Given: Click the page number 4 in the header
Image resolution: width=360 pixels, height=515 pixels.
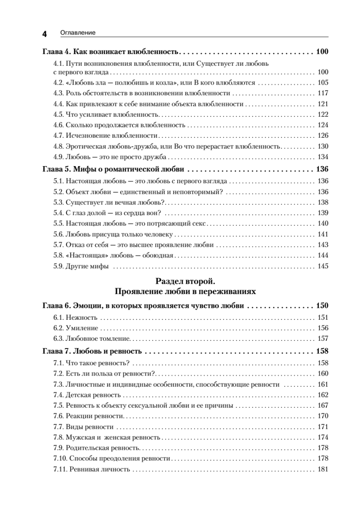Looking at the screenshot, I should point(44,33).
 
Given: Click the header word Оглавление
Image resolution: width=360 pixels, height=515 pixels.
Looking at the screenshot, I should point(78,33).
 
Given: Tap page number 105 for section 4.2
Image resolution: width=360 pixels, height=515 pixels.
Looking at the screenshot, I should point(323,83).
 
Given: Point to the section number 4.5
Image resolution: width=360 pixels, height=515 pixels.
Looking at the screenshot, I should point(58,114).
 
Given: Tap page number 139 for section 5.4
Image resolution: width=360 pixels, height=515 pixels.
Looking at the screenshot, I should point(323,213).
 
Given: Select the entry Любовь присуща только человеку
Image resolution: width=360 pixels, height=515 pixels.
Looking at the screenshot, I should point(119,234).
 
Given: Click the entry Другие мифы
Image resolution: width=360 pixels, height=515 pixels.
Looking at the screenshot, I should point(87,266).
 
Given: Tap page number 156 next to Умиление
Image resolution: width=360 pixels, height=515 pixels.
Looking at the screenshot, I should point(323,328).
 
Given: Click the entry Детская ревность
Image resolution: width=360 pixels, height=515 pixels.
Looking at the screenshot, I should point(93,395).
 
